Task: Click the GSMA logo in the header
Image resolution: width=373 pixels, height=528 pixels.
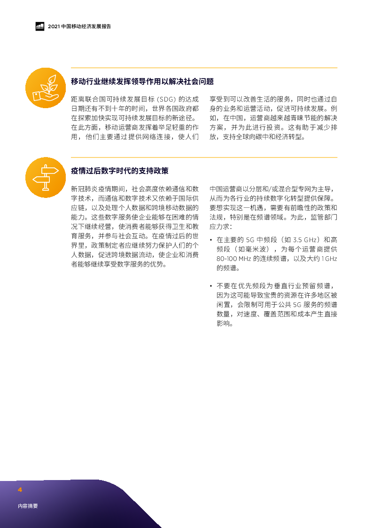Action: click(x=39, y=27)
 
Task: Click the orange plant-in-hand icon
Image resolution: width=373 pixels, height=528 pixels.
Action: click(x=46, y=88)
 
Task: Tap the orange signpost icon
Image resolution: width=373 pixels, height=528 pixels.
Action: click(x=46, y=177)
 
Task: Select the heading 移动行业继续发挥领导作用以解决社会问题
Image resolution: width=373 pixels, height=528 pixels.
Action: click(x=142, y=81)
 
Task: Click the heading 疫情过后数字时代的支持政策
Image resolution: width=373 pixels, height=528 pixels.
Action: click(x=120, y=171)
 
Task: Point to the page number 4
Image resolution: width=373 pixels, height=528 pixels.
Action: click(x=20, y=489)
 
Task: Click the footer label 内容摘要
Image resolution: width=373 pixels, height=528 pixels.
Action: click(x=28, y=506)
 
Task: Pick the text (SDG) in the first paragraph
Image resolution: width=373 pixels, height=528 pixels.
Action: click(x=166, y=99)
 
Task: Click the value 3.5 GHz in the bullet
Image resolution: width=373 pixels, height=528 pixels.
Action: click(x=305, y=240)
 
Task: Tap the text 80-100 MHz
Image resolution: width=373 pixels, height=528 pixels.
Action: click(x=234, y=259)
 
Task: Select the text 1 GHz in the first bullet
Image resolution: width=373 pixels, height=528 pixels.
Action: click(x=329, y=259)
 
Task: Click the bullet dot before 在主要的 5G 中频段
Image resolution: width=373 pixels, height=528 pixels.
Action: click(x=211, y=240)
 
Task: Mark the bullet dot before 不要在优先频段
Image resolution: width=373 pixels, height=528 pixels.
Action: click(x=211, y=286)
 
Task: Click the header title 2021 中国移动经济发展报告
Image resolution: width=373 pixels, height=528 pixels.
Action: click(x=79, y=27)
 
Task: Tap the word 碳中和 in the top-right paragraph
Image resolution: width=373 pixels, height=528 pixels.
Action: click(x=266, y=137)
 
